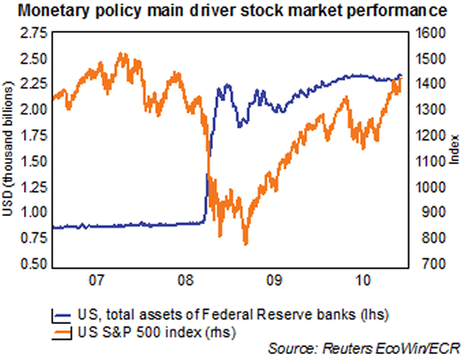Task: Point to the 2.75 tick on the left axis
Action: (35, 33)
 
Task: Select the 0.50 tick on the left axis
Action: (35, 265)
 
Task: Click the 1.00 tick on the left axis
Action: (35, 213)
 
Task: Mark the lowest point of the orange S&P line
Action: (244, 244)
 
